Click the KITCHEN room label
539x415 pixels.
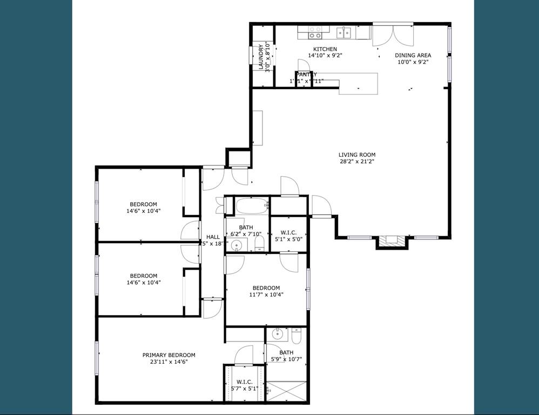[325, 49]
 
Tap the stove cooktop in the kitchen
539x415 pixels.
[315, 32]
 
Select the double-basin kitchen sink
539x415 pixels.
[343, 33]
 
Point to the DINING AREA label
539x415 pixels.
[413, 55]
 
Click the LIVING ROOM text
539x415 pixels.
[356, 155]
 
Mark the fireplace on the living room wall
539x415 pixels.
[389, 242]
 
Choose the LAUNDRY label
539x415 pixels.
[261, 57]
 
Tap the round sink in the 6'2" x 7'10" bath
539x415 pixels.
[236, 246]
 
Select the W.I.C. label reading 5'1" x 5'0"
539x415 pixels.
[288, 232]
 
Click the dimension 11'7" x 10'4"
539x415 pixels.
[266, 294]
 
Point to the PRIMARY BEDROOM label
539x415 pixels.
[169, 355]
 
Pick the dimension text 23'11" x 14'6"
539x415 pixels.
[169, 362]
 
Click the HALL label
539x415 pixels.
[213, 237]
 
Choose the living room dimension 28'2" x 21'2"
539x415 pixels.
[356, 161]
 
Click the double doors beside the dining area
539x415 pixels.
[393, 35]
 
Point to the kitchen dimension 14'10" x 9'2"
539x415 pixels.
[325, 56]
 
